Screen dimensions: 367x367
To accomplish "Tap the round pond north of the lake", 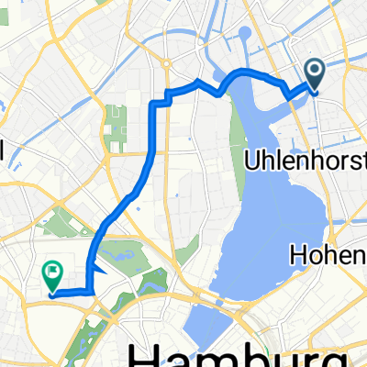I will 244,38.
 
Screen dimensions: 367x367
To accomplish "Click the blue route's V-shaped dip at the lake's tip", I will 220,91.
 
